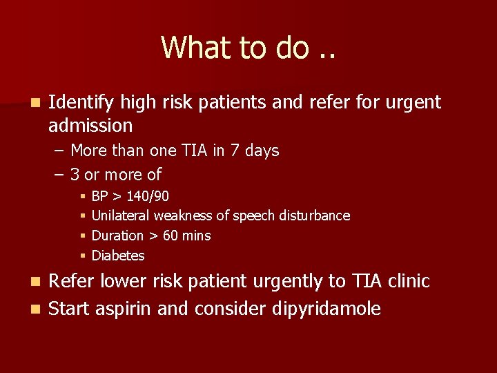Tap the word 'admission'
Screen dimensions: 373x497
coord(90,126)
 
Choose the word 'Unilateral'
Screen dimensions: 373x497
coord(121,216)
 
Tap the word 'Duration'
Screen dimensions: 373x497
coord(117,236)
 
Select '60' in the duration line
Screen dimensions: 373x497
coord(170,236)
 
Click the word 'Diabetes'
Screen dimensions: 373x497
coord(118,256)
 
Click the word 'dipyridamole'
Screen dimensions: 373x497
coord(322,309)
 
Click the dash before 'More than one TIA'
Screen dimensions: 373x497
coord(59,151)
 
